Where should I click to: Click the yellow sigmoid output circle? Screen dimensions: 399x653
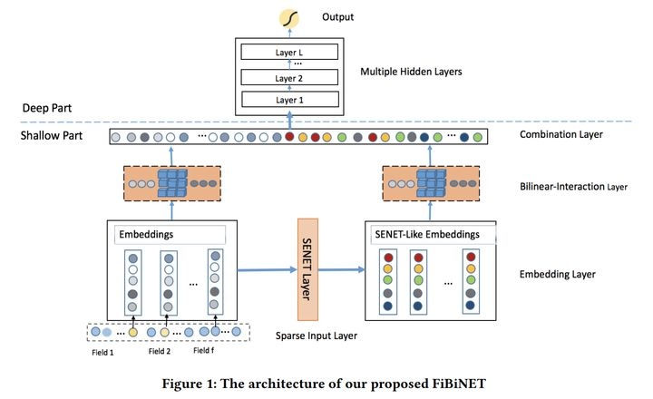tap(291, 16)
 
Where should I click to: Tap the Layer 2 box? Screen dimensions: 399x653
tap(290, 78)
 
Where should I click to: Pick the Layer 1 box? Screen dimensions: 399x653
tap(290, 100)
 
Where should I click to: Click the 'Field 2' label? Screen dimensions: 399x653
tap(159, 352)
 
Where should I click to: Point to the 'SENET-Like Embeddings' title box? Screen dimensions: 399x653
tap(426, 236)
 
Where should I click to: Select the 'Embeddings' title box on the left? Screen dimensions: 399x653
tap(171, 236)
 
